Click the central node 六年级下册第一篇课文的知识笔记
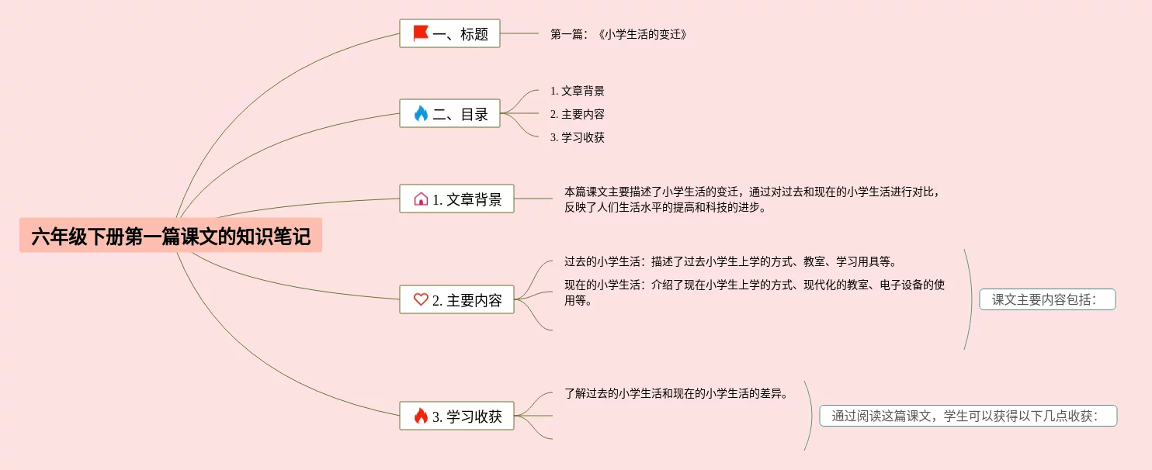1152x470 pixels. [x=171, y=236]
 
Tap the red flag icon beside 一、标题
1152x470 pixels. [x=421, y=33]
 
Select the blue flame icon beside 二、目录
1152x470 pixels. [x=421, y=114]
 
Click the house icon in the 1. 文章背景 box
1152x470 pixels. [x=421, y=199]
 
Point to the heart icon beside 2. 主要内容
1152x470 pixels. [x=421, y=299]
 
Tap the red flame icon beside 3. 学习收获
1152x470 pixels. [x=421, y=416]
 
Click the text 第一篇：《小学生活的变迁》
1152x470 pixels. [x=619, y=34]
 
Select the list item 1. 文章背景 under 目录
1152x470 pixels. [x=577, y=91]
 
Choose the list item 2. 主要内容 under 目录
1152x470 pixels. [x=577, y=114]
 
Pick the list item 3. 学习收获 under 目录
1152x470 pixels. [x=577, y=137]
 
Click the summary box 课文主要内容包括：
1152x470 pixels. [x=1046, y=299]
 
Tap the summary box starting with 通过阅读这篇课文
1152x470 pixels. [x=967, y=416]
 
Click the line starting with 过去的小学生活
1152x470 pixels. [x=730, y=261]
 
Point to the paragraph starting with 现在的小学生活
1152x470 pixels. [x=754, y=292]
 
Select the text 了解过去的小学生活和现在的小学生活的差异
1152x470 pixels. [x=676, y=393]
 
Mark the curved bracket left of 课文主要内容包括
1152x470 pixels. [x=970, y=299]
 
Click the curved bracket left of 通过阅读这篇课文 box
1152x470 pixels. [x=810, y=416]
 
